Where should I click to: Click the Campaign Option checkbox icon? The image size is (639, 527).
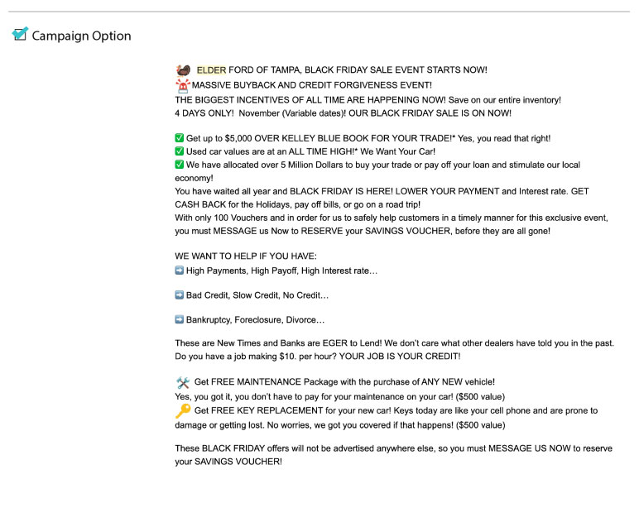coord(20,35)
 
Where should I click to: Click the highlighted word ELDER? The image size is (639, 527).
coord(211,70)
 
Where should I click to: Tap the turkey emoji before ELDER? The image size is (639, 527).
coord(183,70)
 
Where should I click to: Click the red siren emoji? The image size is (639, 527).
coord(183,84)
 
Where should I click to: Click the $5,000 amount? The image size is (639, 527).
coord(241,138)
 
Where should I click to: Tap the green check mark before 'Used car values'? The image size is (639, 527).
coord(180,151)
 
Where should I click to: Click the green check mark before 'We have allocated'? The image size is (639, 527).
coord(180,165)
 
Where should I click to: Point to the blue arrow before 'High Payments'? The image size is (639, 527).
coord(180,271)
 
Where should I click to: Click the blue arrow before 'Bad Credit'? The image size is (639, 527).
coord(180,295)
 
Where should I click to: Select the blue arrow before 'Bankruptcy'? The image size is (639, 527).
coord(180,319)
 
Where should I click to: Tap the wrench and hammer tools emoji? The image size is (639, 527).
coord(183,382)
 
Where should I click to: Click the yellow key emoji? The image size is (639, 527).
coord(183,411)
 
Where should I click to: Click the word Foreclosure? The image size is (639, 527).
coord(262,319)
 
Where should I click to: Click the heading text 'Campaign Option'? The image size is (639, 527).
coord(81,36)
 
